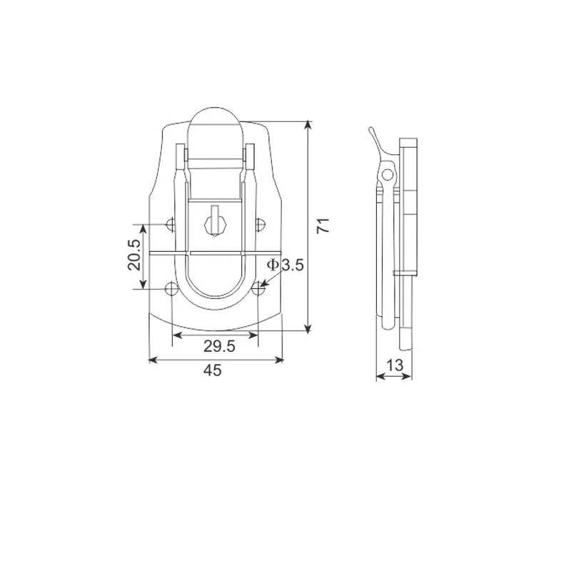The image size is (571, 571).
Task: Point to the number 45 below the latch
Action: [213, 370]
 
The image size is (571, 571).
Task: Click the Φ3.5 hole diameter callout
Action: [285, 266]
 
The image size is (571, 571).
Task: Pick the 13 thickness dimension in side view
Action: [394, 365]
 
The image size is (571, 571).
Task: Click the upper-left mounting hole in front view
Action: [170, 225]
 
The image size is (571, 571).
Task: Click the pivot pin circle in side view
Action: [388, 174]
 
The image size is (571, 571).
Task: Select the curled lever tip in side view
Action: [370, 133]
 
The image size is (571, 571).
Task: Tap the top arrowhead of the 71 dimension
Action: [308, 126]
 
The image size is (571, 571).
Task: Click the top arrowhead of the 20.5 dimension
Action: [143, 229]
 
